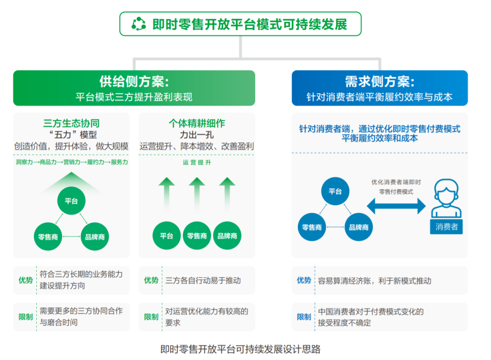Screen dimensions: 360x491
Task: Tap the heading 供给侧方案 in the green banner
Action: click(x=134, y=81)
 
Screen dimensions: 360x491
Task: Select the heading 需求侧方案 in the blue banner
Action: click(x=379, y=81)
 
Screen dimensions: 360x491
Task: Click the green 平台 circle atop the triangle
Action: click(x=71, y=201)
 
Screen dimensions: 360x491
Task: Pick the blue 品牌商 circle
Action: click(x=359, y=227)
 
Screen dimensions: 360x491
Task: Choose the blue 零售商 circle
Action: click(x=312, y=227)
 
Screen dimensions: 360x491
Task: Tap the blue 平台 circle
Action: click(x=335, y=191)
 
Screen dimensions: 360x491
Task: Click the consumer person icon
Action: click(x=446, y=199)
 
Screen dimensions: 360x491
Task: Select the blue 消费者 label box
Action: click(x=446, y=226)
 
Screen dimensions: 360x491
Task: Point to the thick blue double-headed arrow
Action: click(x=396, y=206)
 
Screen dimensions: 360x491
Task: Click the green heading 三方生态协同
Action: click(x=71, y=123)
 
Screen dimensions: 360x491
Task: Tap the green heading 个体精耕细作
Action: click(x=197, y=123)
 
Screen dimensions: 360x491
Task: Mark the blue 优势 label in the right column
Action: click(x=304, y=280)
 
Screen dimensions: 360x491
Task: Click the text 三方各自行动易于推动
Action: click(x=203, y=280)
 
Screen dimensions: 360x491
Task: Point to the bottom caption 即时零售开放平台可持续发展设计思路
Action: click(x=240, y=349)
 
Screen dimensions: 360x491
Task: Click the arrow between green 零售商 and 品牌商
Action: click(x=71, y=236)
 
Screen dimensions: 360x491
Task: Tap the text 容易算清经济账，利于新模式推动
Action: click(x=374, y=280)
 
